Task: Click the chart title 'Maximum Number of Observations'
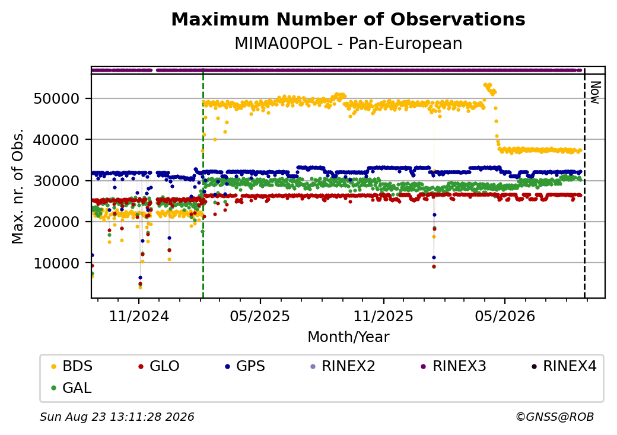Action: (348, 19)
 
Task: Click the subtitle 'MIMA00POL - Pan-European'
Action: (348, 44)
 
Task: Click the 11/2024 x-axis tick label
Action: (138, 316)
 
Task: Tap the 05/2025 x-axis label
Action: (260, 316)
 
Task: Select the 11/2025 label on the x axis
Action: (384, 316)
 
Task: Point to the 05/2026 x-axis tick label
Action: (505, 316)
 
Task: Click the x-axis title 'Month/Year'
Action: (348, 337)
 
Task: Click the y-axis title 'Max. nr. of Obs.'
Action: (18, 186)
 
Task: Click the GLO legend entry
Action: (159, 366)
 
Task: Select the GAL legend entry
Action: (72, 388)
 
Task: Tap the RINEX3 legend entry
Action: (453, 366)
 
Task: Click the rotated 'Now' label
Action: (596, 92)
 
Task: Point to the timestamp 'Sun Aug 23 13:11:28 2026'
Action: (117, 417)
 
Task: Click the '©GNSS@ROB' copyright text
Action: (555, 417)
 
